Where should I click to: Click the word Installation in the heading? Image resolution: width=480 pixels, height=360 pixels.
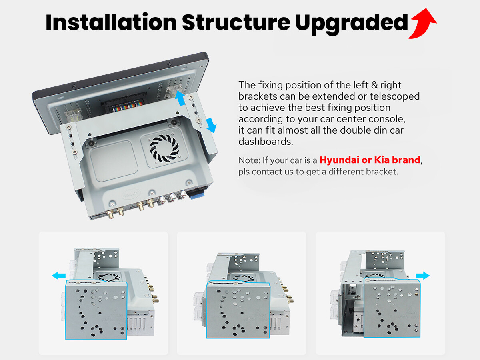point(111,22)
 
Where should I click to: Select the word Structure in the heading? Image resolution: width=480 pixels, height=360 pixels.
point(236,22)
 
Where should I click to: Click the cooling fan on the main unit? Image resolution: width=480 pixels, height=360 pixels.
point(164,148)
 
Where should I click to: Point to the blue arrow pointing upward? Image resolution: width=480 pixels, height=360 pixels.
point(180,98)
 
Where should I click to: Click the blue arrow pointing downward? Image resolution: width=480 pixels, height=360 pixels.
point(211,125)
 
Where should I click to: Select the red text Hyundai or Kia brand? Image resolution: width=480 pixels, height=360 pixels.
point(370,160)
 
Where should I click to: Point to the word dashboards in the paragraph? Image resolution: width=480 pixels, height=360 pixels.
point(266,142)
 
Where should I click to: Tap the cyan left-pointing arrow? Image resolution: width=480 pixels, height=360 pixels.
point(59,276)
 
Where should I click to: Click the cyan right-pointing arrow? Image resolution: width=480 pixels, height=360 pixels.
point(423,276)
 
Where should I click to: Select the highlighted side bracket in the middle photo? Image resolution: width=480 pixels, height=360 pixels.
point(238,310)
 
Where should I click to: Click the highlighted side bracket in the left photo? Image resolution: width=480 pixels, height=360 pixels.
point(96,310)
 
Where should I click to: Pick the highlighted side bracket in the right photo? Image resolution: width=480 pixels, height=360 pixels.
point(392,308)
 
